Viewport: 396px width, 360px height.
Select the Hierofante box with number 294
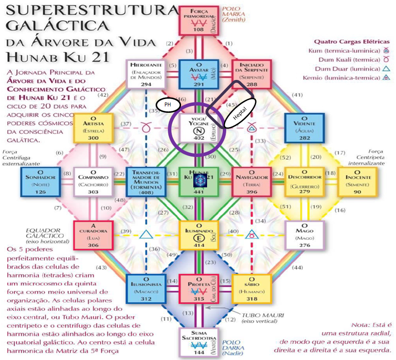tap(146, 74)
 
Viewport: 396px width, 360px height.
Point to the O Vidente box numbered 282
tap(305, 127)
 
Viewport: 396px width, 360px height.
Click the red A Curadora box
tap(93, 234)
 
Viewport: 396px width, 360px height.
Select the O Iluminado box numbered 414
tap(198, 234)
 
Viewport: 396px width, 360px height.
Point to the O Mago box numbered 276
tap(305, 234)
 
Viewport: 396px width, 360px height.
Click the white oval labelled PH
tap(168, 104)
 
